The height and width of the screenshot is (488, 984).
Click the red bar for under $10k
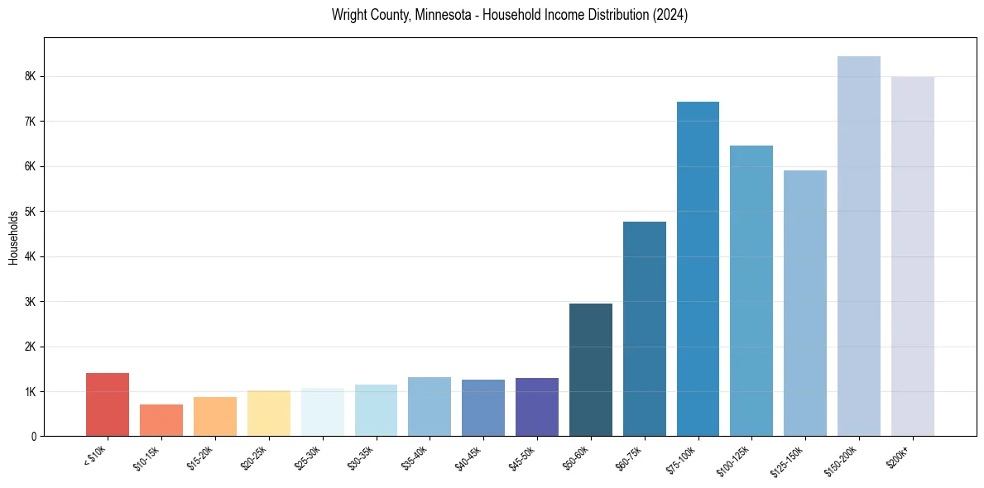click(108, 404)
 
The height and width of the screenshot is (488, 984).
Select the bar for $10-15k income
click(161, 420)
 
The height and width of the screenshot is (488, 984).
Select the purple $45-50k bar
click(537, 407)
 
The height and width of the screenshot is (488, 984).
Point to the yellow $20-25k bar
click(269, 414)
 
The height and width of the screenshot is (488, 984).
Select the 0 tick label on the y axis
click(34, 437)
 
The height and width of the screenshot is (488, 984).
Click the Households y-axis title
click(13, 237)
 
